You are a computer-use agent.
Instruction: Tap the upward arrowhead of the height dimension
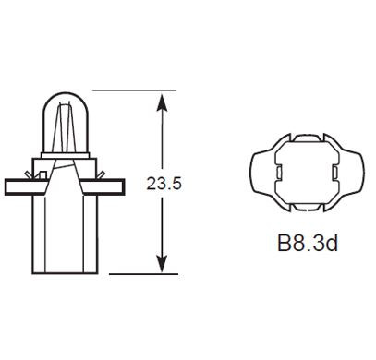[x=163, y=99]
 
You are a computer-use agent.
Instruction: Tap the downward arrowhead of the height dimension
[x=163, y=265]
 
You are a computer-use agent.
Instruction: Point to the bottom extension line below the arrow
[x=139, y=274]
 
